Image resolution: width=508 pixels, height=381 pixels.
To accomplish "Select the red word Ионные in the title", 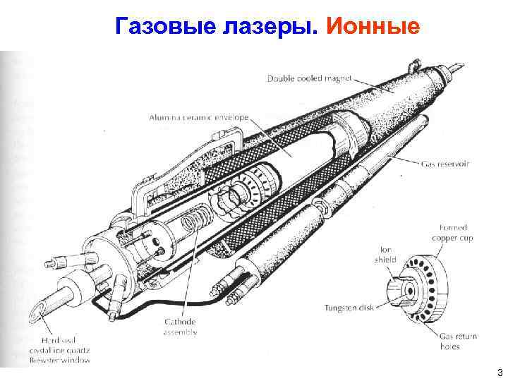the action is (x=374, y=26).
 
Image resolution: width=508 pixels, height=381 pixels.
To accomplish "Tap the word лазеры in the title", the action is (x=267, y=26).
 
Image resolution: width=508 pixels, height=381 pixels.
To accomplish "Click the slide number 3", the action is (x=500, y=372).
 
